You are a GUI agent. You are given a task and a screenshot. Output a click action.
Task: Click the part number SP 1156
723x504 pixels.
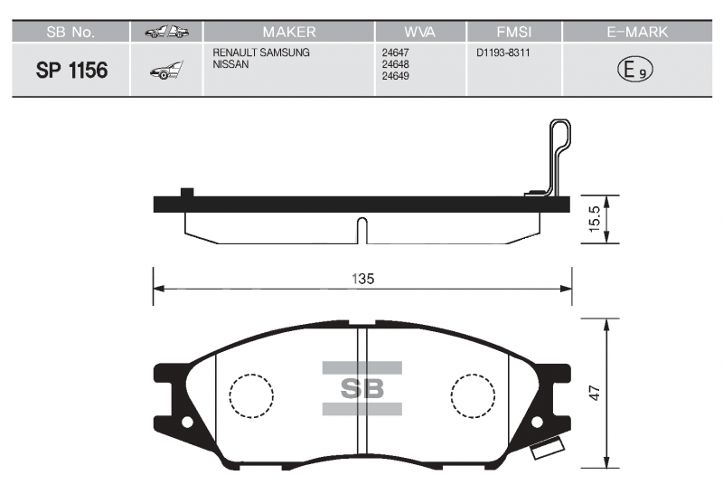(x=71, y=71)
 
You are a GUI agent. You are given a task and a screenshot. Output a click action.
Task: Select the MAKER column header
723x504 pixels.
(x=289, y=32)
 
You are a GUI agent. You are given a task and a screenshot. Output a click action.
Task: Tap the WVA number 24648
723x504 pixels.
(x=395, y=64)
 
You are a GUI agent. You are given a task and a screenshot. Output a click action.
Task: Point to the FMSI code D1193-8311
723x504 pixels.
(x=503, y=52)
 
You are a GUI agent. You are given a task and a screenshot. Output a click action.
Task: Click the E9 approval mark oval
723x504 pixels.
(x=635, y=70)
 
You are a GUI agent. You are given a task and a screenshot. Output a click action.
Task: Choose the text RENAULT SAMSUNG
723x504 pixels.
(x=261, y=52)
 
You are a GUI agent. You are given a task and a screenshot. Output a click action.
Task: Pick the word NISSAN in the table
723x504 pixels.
(x=230, y=64)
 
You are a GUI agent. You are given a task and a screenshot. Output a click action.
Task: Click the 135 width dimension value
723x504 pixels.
(x=363, y=279)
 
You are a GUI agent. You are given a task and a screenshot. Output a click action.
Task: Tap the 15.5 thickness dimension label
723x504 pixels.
(x=595, y=219)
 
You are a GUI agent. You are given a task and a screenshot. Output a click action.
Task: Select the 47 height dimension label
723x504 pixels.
(x=596, y=394)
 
